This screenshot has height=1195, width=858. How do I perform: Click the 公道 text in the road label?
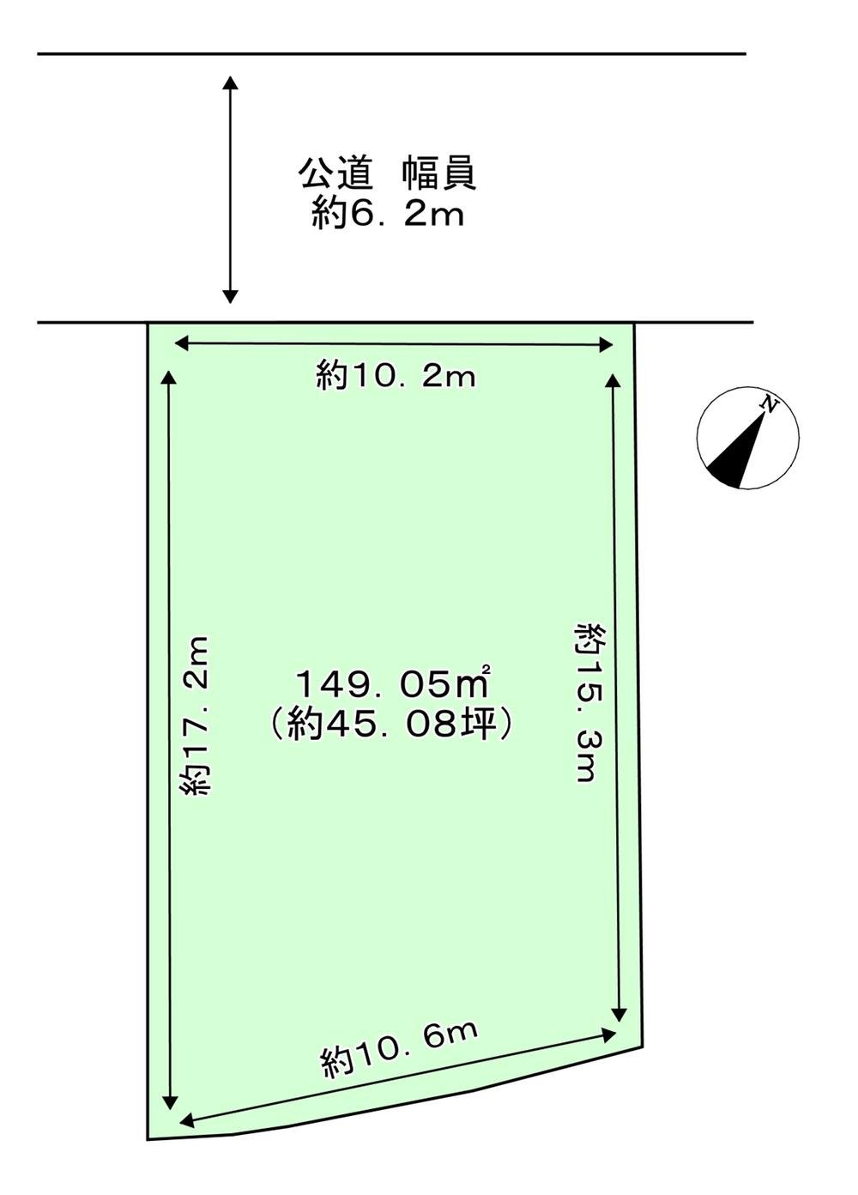click(335, 174)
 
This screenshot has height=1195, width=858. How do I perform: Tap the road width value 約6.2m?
click(388, 214)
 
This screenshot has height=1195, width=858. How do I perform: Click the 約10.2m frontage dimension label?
click(396, 376)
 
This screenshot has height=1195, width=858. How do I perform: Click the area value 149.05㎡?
click(392, 684)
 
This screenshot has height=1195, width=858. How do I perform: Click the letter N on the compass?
click(770, 404)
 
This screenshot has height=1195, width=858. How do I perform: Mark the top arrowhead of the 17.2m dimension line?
click(169, 378)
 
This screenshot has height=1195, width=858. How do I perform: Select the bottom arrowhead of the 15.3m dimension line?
click(619, 1014)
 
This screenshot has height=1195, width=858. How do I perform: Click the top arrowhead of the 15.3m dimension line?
click(613, 381)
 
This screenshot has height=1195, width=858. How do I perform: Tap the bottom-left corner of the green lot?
click(148, 1138)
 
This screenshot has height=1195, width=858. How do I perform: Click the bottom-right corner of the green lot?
click(642, 1046)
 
